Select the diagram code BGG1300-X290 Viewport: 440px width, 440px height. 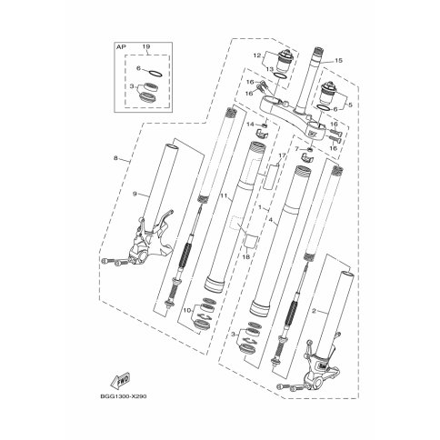123,396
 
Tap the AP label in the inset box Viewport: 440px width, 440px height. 121,47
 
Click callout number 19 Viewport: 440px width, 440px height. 146,47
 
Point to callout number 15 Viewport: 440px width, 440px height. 338,61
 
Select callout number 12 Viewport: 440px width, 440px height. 257,55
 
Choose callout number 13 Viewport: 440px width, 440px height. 269,69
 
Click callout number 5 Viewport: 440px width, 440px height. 351,105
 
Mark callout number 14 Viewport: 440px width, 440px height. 250,125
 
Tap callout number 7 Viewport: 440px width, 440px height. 296,148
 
